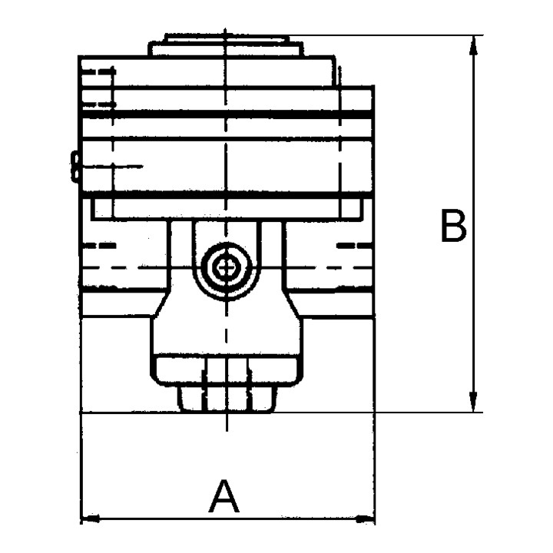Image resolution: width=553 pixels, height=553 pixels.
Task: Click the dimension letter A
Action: coord(224,496)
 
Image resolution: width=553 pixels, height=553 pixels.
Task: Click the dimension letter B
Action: coord(454,226)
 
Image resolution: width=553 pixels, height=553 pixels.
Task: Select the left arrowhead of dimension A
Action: coord(91,518)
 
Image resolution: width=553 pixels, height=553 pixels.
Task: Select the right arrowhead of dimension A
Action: coord(366,518)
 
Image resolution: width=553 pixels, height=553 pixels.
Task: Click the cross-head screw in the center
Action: coord(226,269)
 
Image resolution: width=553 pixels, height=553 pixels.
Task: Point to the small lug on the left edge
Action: coord(75,167)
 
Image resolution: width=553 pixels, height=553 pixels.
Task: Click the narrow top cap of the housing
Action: coord(226,45)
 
